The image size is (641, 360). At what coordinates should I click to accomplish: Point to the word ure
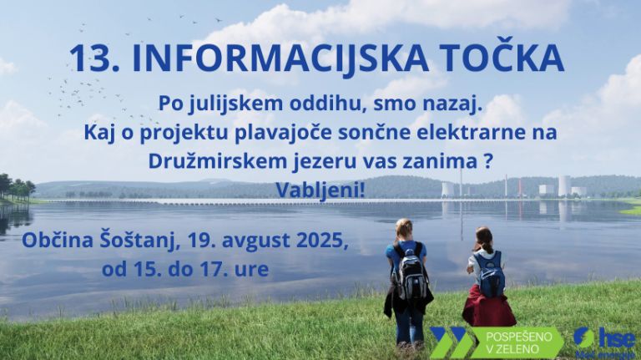click(x=252, y=271)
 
